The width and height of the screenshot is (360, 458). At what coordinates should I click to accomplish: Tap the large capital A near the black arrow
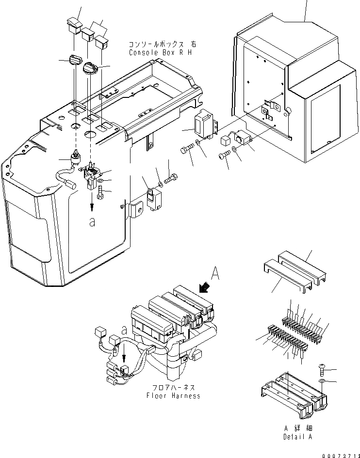click(x=215, y=275)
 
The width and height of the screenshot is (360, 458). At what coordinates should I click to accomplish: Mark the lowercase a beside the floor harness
click(x=125, y=330)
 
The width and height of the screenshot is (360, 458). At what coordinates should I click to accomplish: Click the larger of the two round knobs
click(x=90, y=68)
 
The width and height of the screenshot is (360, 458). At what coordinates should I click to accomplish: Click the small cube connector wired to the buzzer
click(x=225, y=141)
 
